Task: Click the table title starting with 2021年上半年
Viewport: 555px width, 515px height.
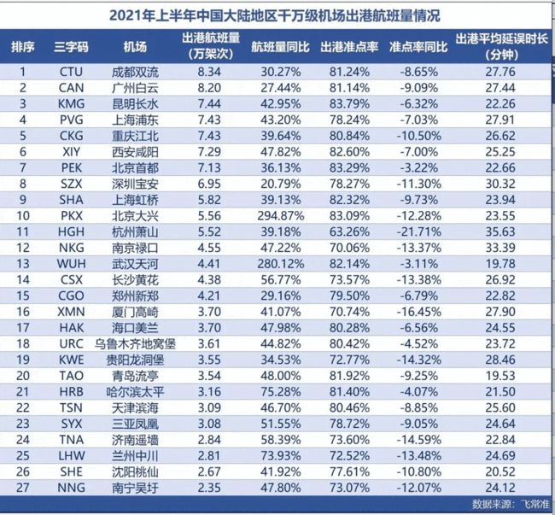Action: [277, 15]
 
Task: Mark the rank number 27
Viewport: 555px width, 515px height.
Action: [23, 489]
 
